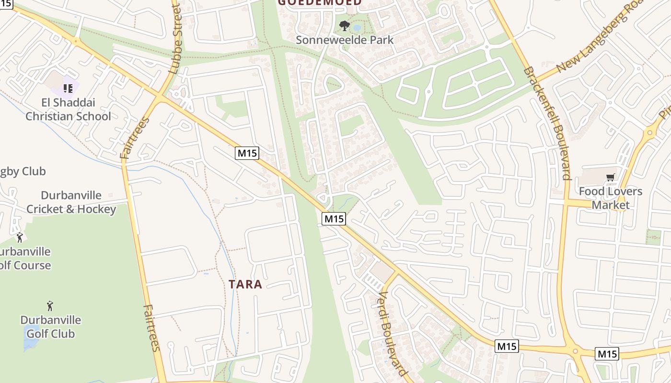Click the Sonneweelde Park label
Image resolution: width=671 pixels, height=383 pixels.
(x=344, y=40)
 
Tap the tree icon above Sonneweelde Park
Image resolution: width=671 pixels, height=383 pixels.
(x=344, y=25)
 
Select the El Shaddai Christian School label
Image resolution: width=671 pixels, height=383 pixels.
(x=68, y=109)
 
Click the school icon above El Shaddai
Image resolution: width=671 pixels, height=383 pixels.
(x=68, y=89)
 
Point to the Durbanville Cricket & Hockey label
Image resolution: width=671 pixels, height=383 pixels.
(x=71, y=202)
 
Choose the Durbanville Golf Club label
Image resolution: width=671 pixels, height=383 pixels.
(x=50, y=327)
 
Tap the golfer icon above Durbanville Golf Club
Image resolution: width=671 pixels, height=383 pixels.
(x=50, y=305)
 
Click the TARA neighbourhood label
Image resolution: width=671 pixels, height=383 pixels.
(x=245, y=284)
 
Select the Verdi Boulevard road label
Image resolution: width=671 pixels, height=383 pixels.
(x=393, y=333)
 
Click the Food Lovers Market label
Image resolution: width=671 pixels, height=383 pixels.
(x=610, y=198)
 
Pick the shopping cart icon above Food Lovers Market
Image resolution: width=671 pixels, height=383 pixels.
(x=610, y=178)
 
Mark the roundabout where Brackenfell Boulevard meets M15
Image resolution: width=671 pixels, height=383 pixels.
(x=575, y=351)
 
